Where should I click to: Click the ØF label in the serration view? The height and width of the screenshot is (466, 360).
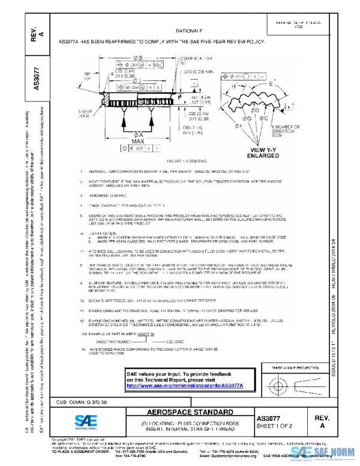[239, 127]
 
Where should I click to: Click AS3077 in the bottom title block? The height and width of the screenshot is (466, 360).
[268, 417]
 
